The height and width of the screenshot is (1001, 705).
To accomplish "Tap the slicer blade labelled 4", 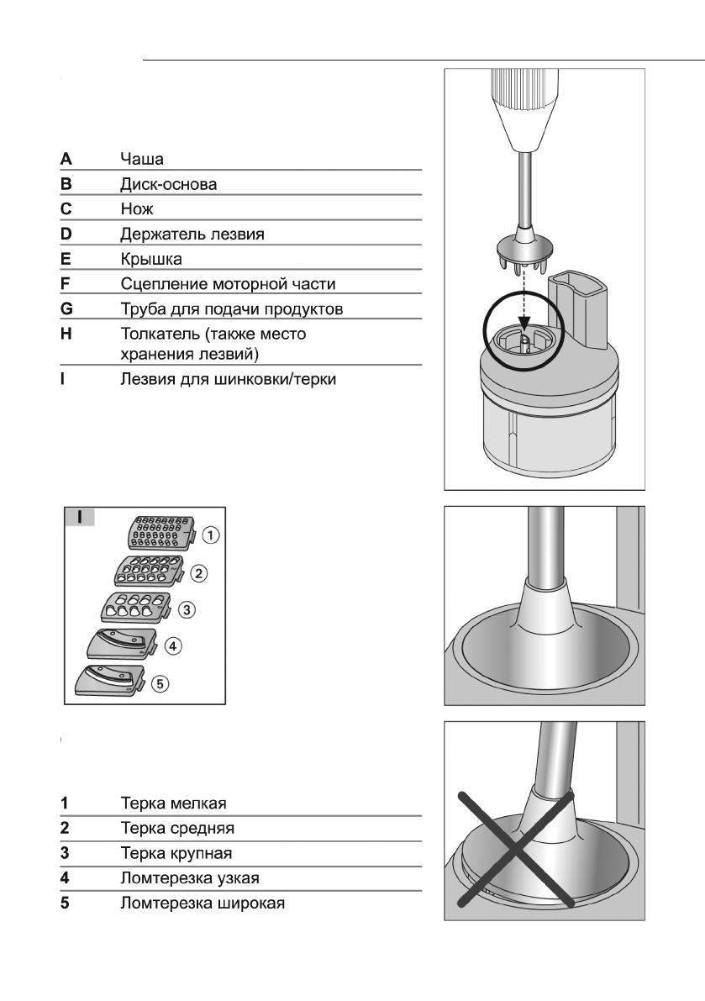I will coord(123,644).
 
